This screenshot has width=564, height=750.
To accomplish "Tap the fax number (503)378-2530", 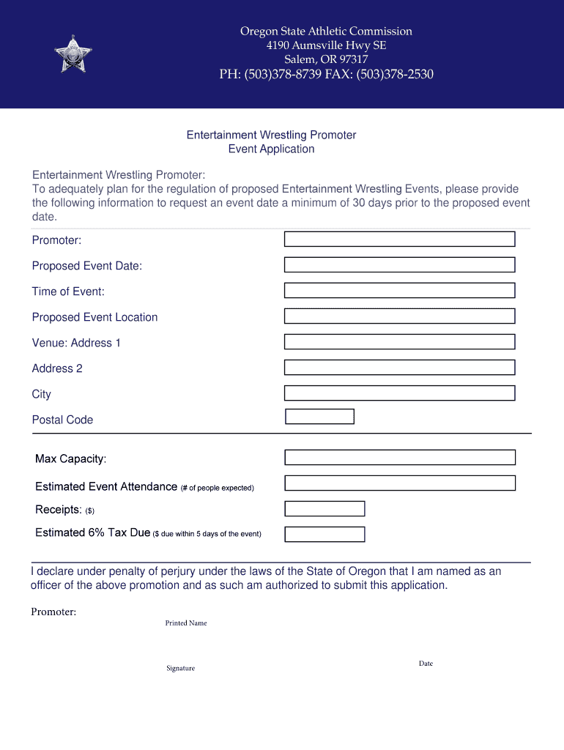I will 395,75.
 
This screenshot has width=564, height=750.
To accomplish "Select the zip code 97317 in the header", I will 352,59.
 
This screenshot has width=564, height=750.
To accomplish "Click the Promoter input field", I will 399,240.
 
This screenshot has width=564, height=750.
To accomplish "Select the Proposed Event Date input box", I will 399,265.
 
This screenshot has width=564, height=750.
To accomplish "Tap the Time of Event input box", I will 399,291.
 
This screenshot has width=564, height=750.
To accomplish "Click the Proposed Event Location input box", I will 399,316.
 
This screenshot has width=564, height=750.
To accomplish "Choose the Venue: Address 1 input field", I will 399,342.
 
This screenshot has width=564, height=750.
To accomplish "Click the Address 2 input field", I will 399,368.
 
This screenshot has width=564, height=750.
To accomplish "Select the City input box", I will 399,393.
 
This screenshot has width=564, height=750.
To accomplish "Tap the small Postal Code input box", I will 319,417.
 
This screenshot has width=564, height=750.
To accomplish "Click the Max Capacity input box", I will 399,458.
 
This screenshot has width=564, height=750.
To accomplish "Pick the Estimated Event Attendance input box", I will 399,483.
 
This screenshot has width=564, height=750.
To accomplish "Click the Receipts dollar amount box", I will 324,509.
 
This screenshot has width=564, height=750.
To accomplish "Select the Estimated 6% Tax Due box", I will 324,535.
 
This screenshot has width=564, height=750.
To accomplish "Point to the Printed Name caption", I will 186,623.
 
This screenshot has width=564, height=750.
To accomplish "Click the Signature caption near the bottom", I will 180,669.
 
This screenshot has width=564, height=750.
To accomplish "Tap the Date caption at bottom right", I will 426,664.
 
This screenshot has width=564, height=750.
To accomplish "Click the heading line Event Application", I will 271,149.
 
